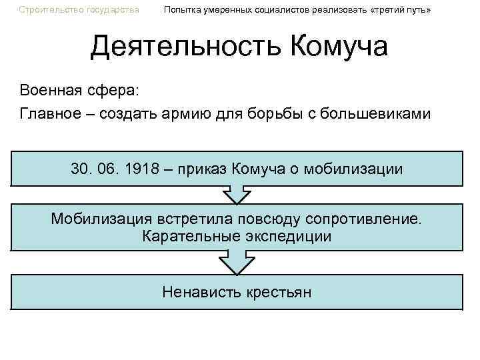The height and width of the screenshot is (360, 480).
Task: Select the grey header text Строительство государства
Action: [x=79, y=10]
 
